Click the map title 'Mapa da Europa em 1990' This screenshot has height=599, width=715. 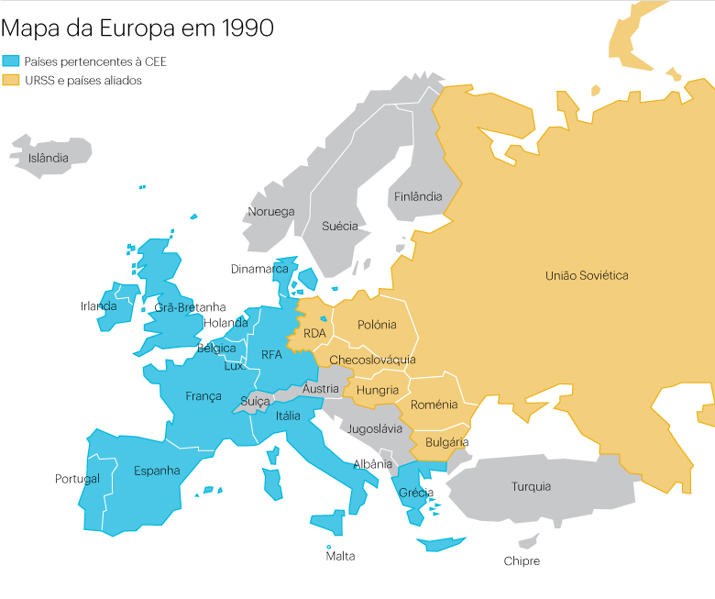tap(137, 28)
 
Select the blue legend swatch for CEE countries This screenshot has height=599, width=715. tap(11, 61)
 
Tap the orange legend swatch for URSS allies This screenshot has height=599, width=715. tap(11, 81)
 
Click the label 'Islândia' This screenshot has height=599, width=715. tap(49, 158)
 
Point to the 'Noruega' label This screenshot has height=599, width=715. tap(271, 212)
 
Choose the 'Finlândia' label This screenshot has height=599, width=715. tap(418, 196)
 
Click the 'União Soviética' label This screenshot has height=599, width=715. tap(587, 275)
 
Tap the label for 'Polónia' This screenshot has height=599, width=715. tap(377, 325)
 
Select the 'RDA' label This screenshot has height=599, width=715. tap(314, 333)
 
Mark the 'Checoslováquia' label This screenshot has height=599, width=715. tap(372, 360)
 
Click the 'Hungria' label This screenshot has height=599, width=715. tap(378, 390)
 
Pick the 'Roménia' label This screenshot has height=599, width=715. tap(434, 405)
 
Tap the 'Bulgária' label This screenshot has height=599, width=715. tap(447, 441)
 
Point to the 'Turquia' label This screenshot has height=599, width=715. tap(532, 486)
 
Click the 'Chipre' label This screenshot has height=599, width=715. tap(522, 560)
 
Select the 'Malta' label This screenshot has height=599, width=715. tap(340, 556)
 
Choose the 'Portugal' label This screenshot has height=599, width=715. tap(77, 479)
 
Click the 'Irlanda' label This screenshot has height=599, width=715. tap(99, 306)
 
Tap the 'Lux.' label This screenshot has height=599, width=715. tap(235, 365)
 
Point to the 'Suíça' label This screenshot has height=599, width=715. tap(255, 401)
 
